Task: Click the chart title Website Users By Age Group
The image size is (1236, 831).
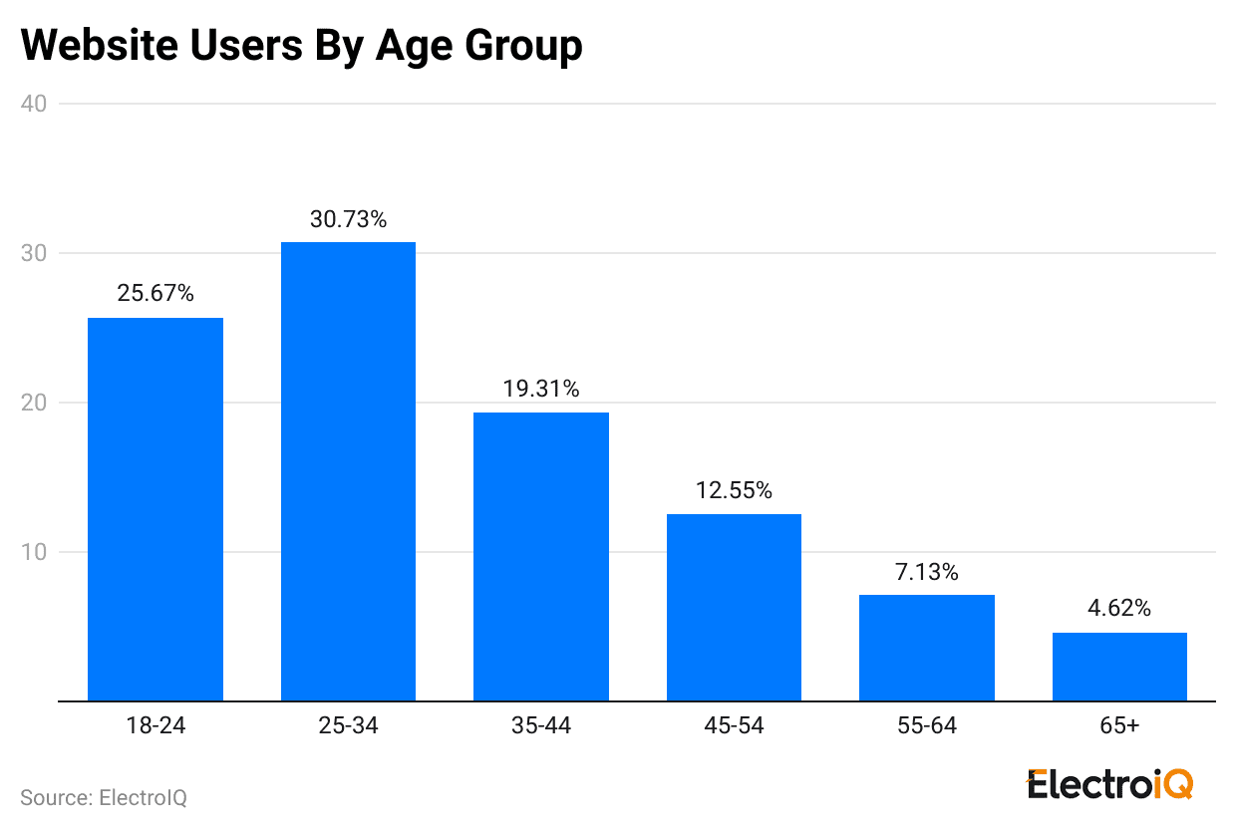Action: click(x=301, y=46)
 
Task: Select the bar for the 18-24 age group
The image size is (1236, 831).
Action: click(x=155, y=509)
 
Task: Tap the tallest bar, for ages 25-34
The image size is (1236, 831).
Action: click(x=348, y=471)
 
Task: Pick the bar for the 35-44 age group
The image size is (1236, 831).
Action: click(x=541, y=556)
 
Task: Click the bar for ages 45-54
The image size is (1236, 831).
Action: click(x=734, y=607)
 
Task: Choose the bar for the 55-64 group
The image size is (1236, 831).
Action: click(x=927, y=648)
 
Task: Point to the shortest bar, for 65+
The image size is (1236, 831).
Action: click(x=1119, y=667)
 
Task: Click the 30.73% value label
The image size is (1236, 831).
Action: click(x=348, y=219)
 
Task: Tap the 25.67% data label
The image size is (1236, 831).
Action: click(x=155, y=294)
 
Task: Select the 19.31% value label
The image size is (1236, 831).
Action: click(x=541, y=389)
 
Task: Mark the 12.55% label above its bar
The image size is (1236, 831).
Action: click(x=734, y=490)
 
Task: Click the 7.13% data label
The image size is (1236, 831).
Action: click(x=927, y=572)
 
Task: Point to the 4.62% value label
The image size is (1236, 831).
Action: click(x=1119, y=609)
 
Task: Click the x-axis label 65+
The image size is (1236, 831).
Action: click(x=1119, y=725)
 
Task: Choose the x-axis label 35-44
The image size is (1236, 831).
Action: click(x=541, y=725)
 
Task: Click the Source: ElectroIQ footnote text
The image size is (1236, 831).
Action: click(x=104, y=798)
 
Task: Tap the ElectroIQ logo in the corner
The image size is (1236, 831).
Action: click(x=1109, y=784)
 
